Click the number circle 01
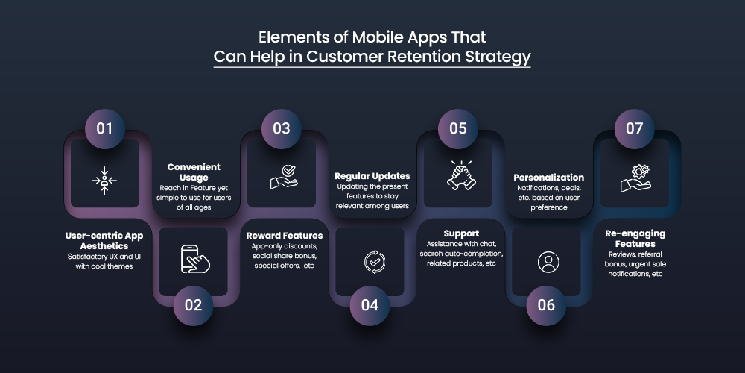pyautogui.click(x=104, y=128)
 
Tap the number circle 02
pyautogui.click(x=193, y=304)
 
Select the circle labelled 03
pyautogui.click(x=281, y=128)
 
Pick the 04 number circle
pyautogui.click(x=370, y=304)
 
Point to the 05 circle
pyautogui.click(x=457, y=128)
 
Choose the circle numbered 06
pyautogui.click(x=546, y=304)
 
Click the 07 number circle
pyautogui.click(x=634, y=128)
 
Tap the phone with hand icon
pyautogui.click(x=194, y=258)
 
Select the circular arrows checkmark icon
pyautogui.click(x=371, y=261)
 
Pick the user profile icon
pyautogui.click(x=548, y=262)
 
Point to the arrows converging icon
pyautogui.click(x=104, y=180)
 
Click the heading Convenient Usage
pyautogui.click(x=194, y=172)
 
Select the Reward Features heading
pyautogui.click(x=284, y=236)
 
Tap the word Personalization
pyautogui.click(x=548, y=178)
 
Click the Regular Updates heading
pyautogui.click(x=372, y=176)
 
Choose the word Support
pyautogui.click(x=460, y=233)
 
